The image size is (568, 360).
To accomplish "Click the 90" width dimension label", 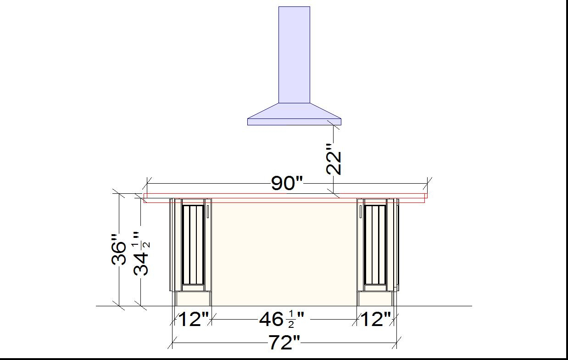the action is tap(287, 183).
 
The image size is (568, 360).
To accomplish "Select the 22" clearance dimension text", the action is tap(334, 159).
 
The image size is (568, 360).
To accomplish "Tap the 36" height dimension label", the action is tap(119, 249).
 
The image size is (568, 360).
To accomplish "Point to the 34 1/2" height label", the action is tap(141, 253).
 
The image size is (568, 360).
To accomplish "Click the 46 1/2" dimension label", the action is tap(281, 320).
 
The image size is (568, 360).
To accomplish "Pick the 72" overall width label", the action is tap(284, 343).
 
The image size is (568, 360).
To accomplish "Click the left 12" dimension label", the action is tap(194, 319).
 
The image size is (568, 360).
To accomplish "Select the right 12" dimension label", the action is tap(376, 319).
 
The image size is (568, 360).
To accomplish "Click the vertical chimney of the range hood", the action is tap(294, 55).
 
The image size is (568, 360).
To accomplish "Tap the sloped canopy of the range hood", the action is tap(294, 111).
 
